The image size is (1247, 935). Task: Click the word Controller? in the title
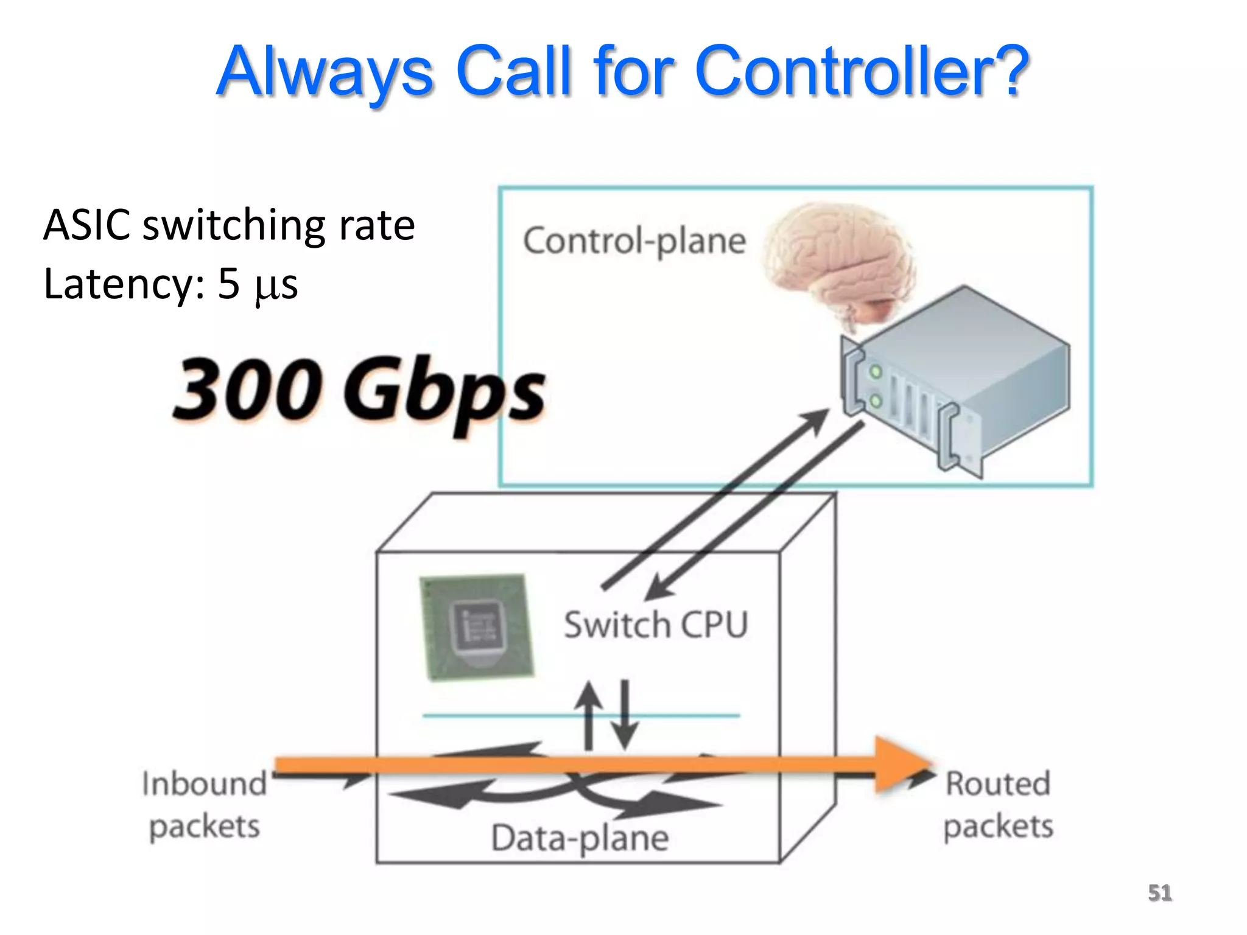[x=861, y=72]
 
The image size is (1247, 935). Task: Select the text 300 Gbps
[x=359, y=390]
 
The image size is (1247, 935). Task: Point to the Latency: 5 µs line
[x=170, y=284]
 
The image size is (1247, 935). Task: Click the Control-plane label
[x=634, y=242]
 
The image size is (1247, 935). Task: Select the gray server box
[x=956, y=377]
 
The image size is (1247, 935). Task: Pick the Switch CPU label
[x=655, y=625]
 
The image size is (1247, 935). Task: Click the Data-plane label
[x=580, y=838]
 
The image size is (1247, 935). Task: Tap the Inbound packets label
[x=205, y=805]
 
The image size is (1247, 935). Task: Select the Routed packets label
[x=998, y=805]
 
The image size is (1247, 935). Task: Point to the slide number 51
[x=1159, y=892]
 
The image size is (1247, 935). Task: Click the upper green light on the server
[x=875, y=371]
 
